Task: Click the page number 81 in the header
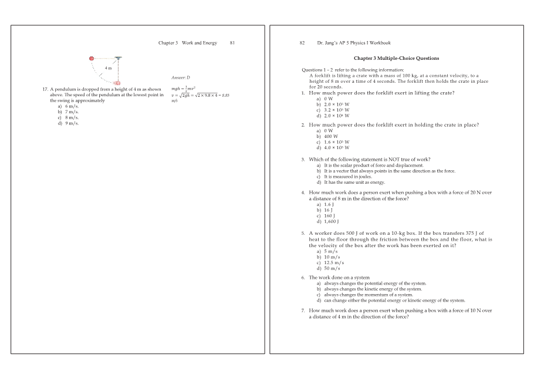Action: pos(232,43)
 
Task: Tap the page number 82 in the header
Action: pos(302,43)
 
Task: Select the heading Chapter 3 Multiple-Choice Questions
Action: pos(396,58)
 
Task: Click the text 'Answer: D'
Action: pos(181,77)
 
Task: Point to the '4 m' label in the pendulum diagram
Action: pos(109,69)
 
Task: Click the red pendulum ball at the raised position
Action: pos(92,58)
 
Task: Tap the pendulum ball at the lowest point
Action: pos(117,83)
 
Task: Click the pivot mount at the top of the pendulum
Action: pos(118,58)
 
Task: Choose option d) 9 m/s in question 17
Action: pos(68,123)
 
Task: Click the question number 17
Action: pos(45,89)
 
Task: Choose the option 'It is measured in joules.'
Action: pos(344,176)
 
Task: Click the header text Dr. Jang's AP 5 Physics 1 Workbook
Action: pos(353,43)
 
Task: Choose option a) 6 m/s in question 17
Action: pos(68,106)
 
